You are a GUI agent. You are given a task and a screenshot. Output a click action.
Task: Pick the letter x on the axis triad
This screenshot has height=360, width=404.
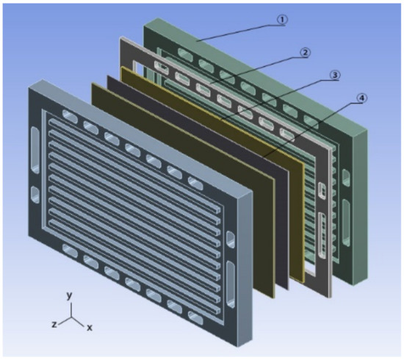pyautogui.click(x=90, y=328)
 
